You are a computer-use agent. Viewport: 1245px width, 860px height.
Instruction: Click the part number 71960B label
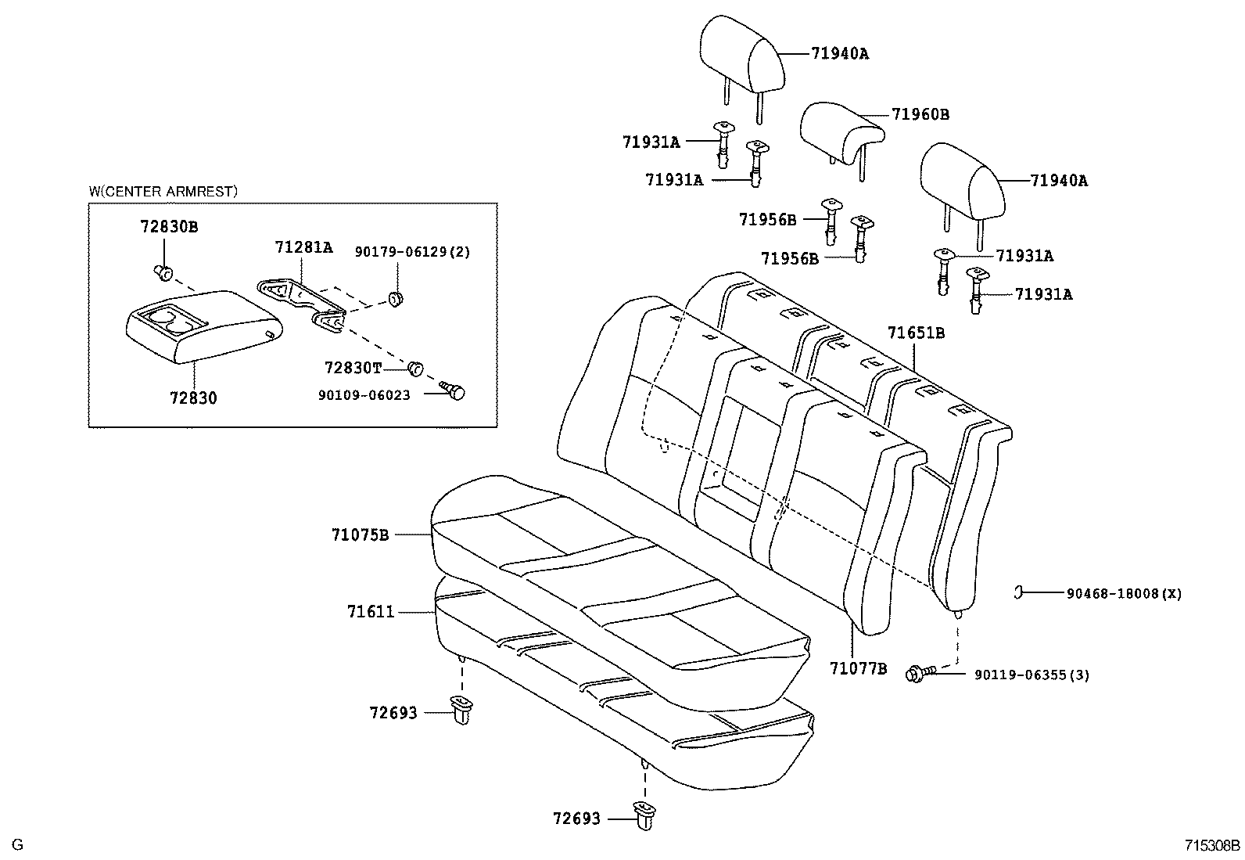pos(920,114)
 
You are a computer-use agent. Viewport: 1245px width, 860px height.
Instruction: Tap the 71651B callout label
pos(916,333)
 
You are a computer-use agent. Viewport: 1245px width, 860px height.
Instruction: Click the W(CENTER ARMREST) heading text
pos(163,191)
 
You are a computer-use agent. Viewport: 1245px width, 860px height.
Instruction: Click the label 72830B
pos(169,227)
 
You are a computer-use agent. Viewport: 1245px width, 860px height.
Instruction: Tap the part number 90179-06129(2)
pos(413,252)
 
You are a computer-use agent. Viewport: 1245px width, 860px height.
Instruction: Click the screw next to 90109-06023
pos(454,390)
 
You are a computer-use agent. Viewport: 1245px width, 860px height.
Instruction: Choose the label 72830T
pos(353,367)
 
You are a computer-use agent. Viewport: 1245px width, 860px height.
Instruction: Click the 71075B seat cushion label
pos(360,535)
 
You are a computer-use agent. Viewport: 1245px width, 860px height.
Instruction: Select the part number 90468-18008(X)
pos(1124,594)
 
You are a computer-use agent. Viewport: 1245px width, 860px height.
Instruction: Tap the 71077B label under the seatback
pos(858,668)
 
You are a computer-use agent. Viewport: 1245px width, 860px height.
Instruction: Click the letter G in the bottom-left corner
pos(18,845)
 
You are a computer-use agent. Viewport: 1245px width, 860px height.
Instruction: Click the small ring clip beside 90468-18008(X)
pos(1019,592)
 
